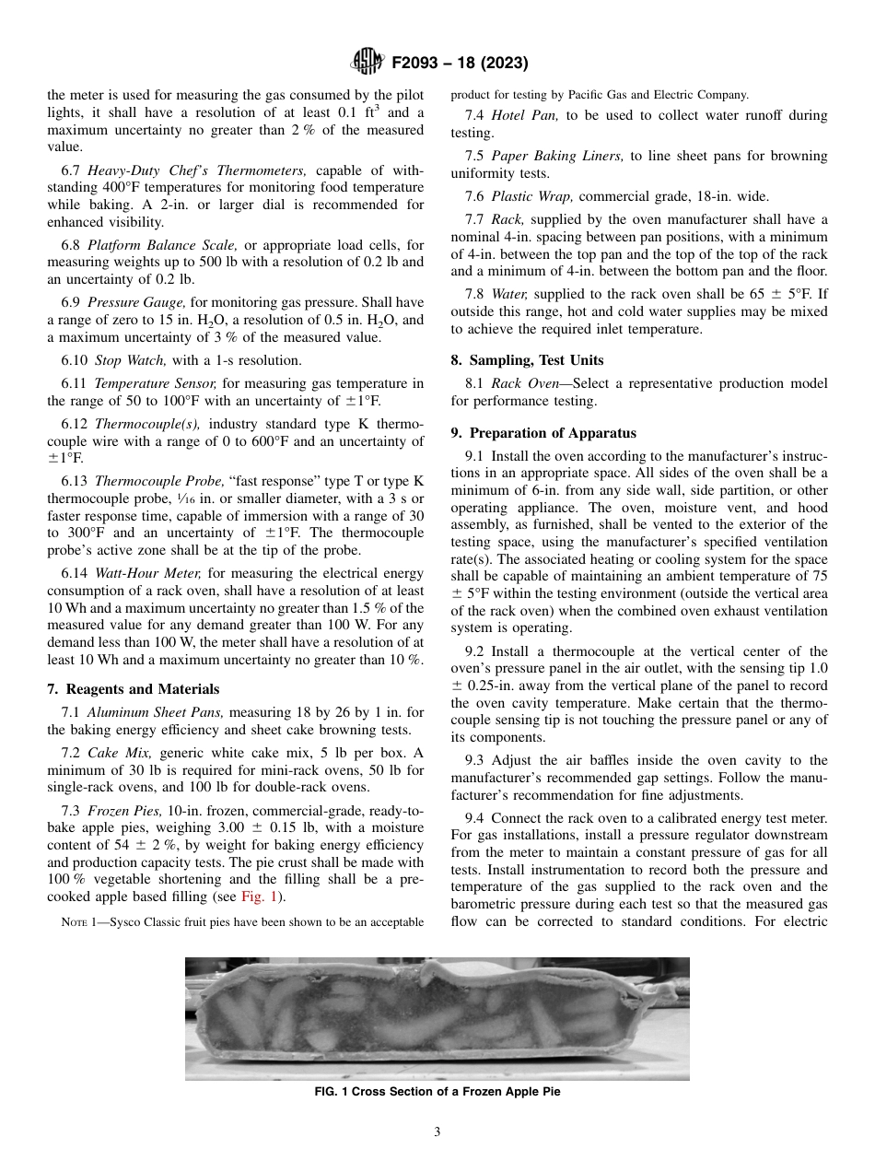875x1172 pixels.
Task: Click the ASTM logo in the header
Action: pyautogui.click(x=367, y=63)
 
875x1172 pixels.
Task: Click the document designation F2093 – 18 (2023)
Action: pyautogui.click(x=460, y=64)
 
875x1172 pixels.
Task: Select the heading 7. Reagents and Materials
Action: pyautogui.click(x=133, y=689)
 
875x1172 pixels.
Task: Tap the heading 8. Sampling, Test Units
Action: pyautogui.click(x=527, y=360)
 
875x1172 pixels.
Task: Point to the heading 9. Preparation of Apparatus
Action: pyautogui.click(x=542, y=432)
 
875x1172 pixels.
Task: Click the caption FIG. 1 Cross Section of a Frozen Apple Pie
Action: pyautogui.click(x=437, y=1092)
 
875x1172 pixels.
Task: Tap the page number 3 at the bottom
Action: pyautogui.click(x=437, y=1131)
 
